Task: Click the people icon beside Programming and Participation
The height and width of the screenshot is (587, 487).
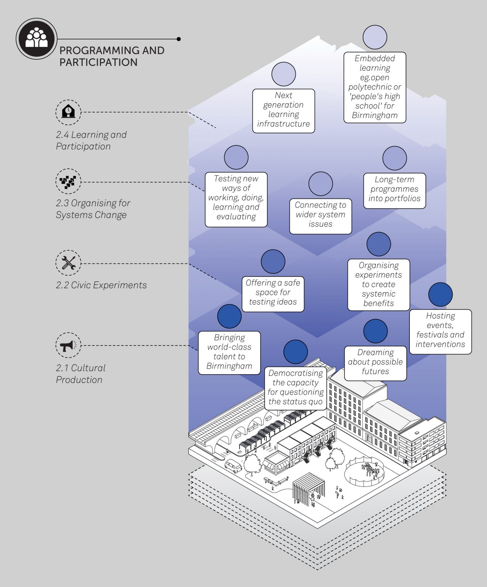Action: [37, 39]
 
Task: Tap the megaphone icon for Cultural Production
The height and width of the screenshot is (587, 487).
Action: [68, 345]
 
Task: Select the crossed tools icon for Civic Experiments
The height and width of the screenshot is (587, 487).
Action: [68, 263]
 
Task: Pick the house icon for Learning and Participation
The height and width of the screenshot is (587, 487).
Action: [68, 112]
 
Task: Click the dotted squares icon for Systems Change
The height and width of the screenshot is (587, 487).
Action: [68, 181]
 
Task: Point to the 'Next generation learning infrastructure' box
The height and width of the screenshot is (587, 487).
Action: [283, 111]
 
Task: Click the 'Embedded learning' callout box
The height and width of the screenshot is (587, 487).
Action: [375, 88]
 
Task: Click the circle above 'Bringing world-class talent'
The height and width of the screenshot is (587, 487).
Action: [229, 316]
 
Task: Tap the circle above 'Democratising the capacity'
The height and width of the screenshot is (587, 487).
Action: [296, 352]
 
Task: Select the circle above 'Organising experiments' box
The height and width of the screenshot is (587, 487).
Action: [379, 244]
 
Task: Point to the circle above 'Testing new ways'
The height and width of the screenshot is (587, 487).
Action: [236, 157]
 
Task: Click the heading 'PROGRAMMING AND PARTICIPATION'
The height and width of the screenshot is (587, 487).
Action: [112, 56]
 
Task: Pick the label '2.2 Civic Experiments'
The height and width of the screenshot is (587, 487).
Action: [101, 285]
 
